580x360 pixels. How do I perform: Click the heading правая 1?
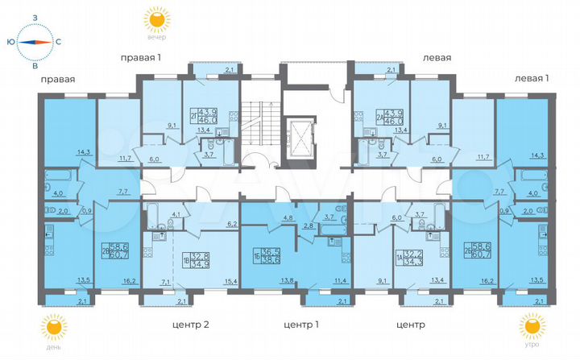point(141,57)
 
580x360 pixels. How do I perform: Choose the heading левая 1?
point(532,77)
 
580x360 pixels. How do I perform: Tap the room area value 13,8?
point(264,280)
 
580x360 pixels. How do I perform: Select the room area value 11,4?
point(340,280)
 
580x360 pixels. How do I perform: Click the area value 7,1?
point(166,283)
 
